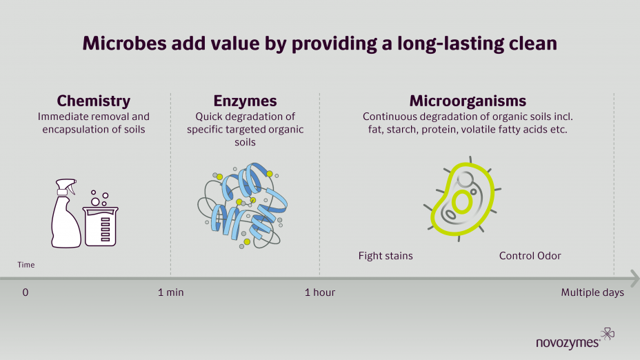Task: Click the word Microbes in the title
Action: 124,43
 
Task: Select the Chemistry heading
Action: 94,101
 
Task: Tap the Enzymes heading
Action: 245,101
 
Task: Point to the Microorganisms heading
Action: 468,101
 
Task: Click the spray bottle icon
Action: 66,214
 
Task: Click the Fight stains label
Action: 386,256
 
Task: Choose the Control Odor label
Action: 530,256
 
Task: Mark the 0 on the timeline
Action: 26,292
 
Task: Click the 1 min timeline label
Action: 170,292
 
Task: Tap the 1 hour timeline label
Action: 319,292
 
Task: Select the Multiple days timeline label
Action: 592,292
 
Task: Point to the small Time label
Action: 26,265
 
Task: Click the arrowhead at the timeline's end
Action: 634,279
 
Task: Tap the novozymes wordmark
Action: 568,343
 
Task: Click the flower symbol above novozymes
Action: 608,334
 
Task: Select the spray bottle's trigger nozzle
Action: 70,186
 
